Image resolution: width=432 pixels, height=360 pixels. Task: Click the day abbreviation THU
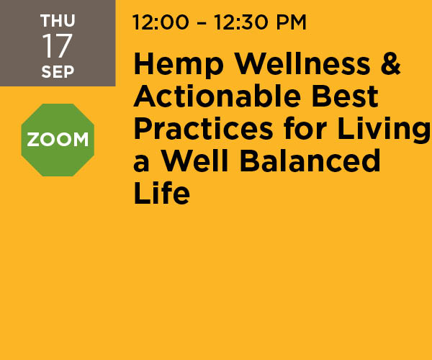coord(58,21)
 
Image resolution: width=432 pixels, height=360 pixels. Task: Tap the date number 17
coord(57,46)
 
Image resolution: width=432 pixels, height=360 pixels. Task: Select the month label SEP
coord(58,71)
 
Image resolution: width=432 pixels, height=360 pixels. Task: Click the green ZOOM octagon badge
coord(58,140)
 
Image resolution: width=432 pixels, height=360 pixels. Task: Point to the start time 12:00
coord(161,22)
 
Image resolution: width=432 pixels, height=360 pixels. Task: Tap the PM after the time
coord(291,22)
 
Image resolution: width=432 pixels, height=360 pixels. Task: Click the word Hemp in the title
coord(179,65)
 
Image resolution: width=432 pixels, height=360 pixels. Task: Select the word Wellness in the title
coord(302,64)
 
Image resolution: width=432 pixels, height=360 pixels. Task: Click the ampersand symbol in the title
coord(390,64)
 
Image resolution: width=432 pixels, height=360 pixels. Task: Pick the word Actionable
coord(217,96)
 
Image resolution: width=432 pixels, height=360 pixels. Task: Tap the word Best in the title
coord(345,96)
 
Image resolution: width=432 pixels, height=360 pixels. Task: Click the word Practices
coord(203,129)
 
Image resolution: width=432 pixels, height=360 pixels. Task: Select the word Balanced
coord(310,161)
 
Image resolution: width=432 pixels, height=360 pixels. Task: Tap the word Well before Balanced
coord(194,161)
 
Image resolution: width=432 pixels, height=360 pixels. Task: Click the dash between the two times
coord(202,23)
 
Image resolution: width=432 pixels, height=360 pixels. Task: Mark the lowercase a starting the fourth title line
coord(141,163)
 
